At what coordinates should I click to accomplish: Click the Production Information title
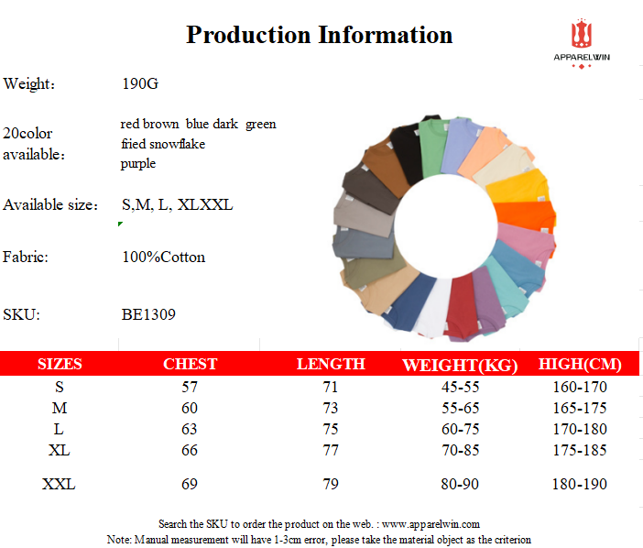pos(319,35)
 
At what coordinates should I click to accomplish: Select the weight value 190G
pos(140,83)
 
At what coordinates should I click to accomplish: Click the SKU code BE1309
pos(148,314)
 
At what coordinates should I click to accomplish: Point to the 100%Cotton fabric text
pos(164,258)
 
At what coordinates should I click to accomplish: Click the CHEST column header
pos(190,364)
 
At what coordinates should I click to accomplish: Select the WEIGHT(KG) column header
pos(460,365)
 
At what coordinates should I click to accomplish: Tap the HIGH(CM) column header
pos(580,364)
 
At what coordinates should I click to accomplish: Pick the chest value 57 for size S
pos(190,387)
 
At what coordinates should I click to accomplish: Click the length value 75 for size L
pos(330,429)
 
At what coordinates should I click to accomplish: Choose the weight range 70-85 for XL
pos(460,450)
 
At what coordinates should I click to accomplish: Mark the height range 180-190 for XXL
pos(580,484)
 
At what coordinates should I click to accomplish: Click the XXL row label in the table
pos(59,484)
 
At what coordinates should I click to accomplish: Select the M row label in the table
pos(60,408)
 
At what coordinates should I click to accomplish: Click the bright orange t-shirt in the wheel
pos(525,215)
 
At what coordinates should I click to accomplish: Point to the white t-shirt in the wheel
pos(432,305)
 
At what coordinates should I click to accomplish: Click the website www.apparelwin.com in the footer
pos(430,524)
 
